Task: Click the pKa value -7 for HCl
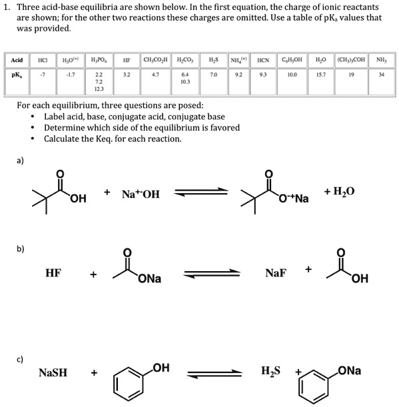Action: click(x=42, y=75)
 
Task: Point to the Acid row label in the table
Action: click(x=17, y=60)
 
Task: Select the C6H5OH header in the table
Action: click(x=291, y=60)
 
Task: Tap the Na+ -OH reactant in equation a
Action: click(x=141, y=195)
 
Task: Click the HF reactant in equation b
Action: click(x=55, y=272)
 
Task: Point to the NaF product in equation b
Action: click(x=276, y=272)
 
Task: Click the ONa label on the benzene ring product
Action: click(x=350, y=370)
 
